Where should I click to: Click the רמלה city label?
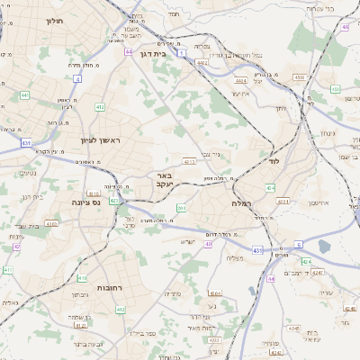tap(241, 204)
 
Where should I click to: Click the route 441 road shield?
tap(25, 94)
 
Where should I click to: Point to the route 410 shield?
tap(82, 279)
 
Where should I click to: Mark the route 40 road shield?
tap(209, 243)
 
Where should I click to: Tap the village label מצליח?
tap(237, 258)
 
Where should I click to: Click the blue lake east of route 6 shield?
tap(324, 246)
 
